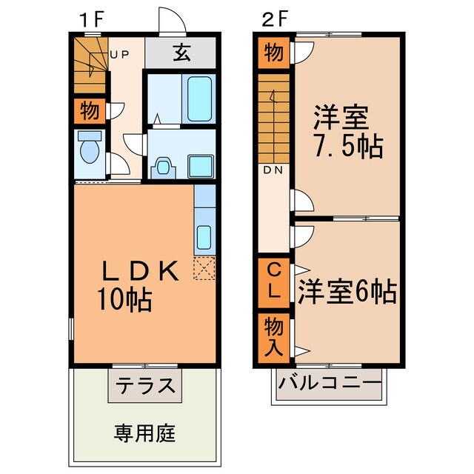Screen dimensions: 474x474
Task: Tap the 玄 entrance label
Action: (181, 54)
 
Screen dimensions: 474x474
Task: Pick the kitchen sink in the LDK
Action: (204, 238)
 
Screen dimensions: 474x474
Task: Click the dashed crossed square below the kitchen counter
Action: (204, 267)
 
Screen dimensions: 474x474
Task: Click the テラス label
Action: (145, 386)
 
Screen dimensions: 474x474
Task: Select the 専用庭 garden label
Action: (145, 431)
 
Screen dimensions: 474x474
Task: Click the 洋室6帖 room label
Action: (347, 290)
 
